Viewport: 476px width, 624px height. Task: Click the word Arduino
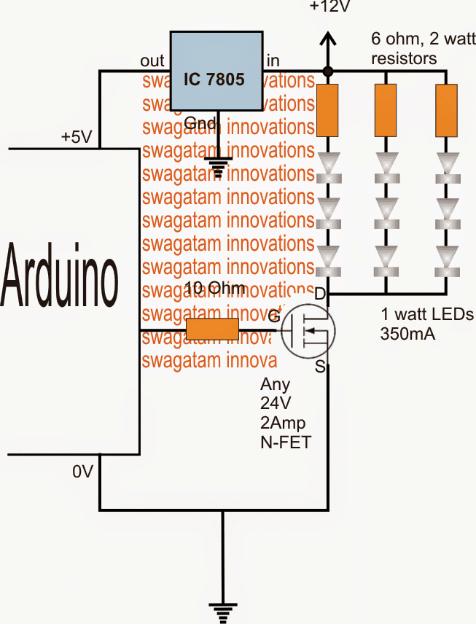(x=60, y=276)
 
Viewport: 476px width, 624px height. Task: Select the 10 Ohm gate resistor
(x=212, y=329)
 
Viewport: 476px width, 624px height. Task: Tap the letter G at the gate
(x=273, y=317)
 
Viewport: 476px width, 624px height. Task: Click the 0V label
(x=82, y=472)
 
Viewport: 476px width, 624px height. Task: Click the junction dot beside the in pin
(x=328, y=71)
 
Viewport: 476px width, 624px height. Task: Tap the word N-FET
(x=285, y=440)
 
